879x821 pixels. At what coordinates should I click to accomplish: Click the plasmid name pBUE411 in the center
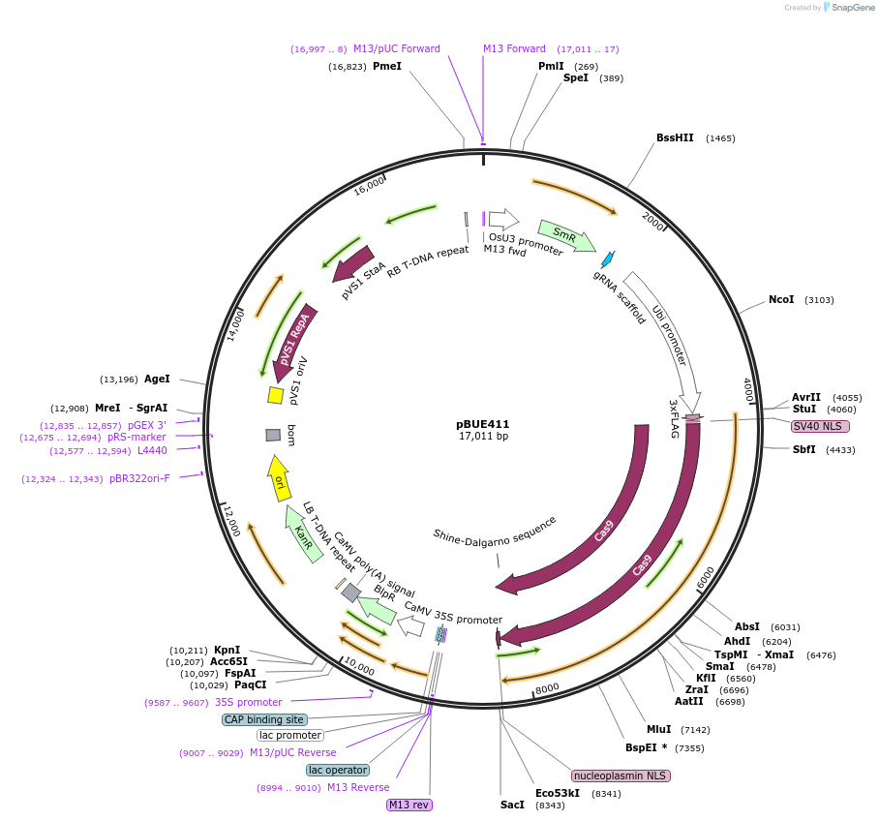coord(482,424)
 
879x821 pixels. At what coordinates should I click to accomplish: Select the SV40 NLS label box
coord(820,426)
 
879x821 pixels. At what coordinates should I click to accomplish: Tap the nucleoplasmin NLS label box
coord(621,775)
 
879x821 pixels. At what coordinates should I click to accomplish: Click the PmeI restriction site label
coord(386,67)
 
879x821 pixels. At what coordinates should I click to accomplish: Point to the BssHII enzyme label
coord(675,137)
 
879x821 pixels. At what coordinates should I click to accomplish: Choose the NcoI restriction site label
coord(781,299)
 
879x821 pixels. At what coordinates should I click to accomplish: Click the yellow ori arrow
coord(278,478)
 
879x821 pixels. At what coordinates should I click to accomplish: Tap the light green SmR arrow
coord(565,235)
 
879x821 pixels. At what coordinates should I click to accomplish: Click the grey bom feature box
coord(273,435)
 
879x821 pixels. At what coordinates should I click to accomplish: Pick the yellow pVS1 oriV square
coord(276,395)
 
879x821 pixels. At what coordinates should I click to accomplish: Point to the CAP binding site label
coord(264,719)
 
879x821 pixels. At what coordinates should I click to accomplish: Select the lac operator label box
coord(338,770)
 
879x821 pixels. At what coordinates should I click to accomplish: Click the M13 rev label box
coord(409,805)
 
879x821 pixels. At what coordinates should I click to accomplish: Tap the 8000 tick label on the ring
coord(547,688)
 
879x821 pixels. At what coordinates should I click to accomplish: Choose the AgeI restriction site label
coord(157,379)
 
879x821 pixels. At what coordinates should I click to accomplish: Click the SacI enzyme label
coord(512,805)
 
